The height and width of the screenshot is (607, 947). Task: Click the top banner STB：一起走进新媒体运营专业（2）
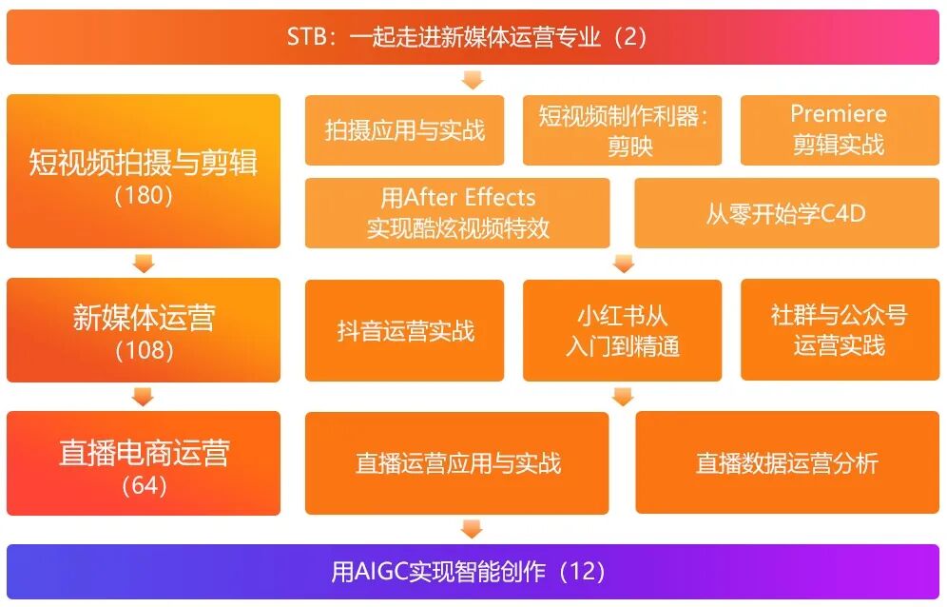pyautogui.click(x=473, y=37)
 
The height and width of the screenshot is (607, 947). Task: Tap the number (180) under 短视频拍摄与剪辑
pyautogui.click(x=144, y=196)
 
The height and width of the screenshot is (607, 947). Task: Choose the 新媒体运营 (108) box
pyautogui.click(x=144, y=329)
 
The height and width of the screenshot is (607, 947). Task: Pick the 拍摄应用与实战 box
pyautogui.click(x=405, y=130)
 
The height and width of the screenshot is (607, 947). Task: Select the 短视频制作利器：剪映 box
pyautogui.click(x=623, y=130)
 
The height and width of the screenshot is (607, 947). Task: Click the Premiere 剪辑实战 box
pyautogui.click(x=839, y=130)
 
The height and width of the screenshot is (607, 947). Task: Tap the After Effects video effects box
pyautogui.click(x=457, y=212)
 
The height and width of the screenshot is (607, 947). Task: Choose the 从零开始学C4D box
pyautogui.click(x=786, y=212)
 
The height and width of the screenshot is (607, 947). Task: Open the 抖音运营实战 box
pyautogui.click(x=405, y=330)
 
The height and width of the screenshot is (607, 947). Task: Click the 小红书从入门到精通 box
pyautogui.click(x=623, y=330)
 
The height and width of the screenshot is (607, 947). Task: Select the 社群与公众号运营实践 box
pyautogui.click(x=839, y=330)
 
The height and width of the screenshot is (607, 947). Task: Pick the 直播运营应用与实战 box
pyautogui.click(x=457, y=463)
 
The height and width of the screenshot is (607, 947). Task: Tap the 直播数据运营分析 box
pyautogui.click(x=786, y=463)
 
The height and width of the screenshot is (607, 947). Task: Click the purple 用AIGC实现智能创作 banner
pyautogui.click(x=473, y=572)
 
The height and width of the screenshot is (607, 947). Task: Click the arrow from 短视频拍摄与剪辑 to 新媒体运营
pyautogui.click(x=144, y=263)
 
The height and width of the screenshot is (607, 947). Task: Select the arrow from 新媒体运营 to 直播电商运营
pyautogui.click(x=144, y=397)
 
